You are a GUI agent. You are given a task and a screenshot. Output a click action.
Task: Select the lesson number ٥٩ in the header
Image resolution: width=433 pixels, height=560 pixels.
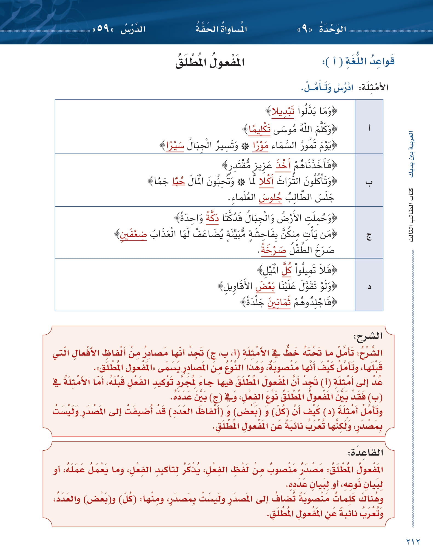point(103,29)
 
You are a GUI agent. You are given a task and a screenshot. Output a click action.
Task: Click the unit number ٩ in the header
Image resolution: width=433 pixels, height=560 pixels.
point(304,29)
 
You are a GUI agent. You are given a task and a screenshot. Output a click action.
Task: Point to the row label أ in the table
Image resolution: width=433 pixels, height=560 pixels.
point(369,127)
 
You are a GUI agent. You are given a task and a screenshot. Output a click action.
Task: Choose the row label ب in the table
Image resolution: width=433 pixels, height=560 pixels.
point(369,182)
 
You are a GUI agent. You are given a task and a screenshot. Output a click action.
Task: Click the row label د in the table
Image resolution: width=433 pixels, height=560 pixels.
point(369,287)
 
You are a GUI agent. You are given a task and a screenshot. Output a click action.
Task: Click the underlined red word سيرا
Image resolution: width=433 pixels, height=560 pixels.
point(175,146)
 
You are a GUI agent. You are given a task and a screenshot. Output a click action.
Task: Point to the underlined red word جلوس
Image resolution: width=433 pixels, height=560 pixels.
point(270,198)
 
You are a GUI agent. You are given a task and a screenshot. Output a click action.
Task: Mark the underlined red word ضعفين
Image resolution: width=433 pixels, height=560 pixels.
point(133,235)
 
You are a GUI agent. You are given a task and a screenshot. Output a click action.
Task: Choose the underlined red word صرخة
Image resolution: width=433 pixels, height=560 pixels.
point(273,250)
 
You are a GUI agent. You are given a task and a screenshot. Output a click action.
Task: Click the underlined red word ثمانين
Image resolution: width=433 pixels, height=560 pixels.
point(279,303)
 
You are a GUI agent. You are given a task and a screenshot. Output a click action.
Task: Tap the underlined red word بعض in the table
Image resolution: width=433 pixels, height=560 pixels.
point(265,286)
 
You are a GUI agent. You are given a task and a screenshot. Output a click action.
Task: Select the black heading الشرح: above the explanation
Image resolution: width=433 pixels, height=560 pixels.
point(368,336)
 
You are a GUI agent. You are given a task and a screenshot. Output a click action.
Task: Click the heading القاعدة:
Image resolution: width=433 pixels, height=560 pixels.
point(365,453)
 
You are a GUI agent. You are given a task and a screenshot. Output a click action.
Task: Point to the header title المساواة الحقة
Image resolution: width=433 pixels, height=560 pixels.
point(221,29)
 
